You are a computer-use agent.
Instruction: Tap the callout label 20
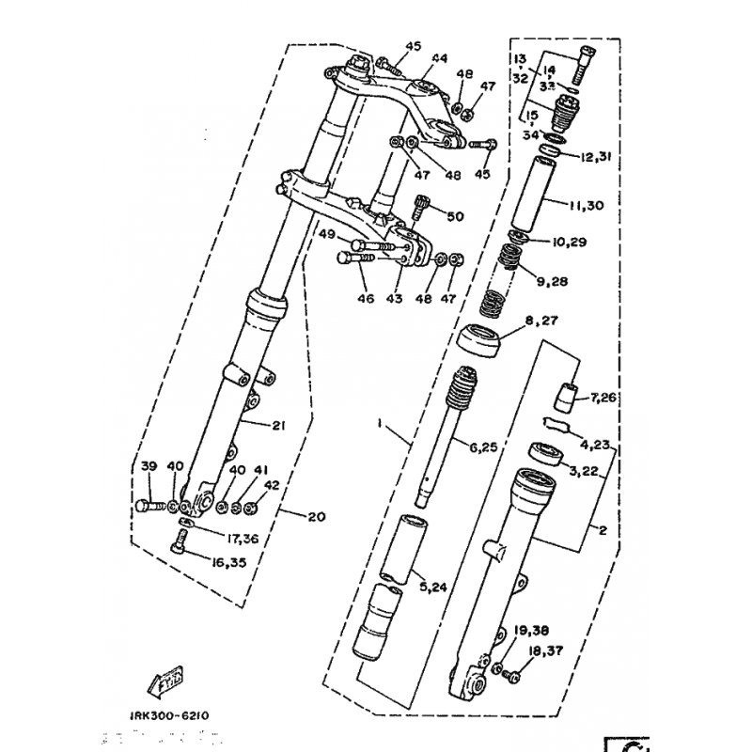tap(317, 515)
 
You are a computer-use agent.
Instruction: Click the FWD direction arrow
tap(165, 675)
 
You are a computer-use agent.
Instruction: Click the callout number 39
tap(148, 467)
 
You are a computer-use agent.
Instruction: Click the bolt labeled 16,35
tap(181, 541)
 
